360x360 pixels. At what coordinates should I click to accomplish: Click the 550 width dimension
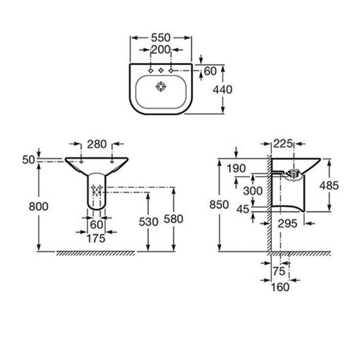pyautogui.click(x=161, y=38)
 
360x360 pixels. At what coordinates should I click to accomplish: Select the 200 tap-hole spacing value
pyautogui.click(x=161, y=49)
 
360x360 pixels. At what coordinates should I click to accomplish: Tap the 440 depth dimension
pyautogui.click(x=222, y=90)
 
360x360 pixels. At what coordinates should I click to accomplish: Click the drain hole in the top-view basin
pyautogui.click(x=161, y=86)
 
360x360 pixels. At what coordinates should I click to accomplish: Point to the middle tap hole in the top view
pyautogui.click(x=161, y=71)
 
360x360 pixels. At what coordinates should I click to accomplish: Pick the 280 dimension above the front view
pyautogui.click(x=97, y=144)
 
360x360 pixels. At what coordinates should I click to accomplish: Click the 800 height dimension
pyautogui.click(x=38, y=207)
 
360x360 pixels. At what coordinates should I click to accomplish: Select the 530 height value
pyautogui.click(x=148, y=222)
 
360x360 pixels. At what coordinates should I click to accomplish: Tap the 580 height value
pyautogui.click(x=173, y=219)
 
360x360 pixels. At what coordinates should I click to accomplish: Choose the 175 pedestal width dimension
pyautogui.click(x=96, y=238)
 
